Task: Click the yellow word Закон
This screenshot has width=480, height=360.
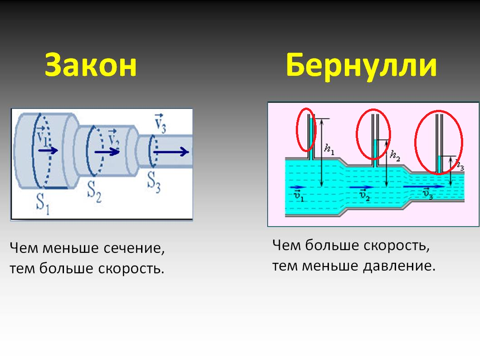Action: (x=91, y=65)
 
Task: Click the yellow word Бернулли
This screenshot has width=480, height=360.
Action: (x=362, y=66)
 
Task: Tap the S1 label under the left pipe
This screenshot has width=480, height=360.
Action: (x=43, y=203)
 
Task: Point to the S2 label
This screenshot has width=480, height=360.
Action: (x=94, y=192)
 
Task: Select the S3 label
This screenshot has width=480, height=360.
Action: (x=154, y=182)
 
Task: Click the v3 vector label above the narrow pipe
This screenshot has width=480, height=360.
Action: (x=160, y=123)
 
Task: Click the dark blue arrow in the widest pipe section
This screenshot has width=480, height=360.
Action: (x=48, y=150)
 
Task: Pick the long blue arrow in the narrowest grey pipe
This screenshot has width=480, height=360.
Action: (x=171, y=152)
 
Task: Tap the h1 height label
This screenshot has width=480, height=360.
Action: (x=329, y=149)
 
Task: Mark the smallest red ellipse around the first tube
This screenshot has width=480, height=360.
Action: (x=306, y=129)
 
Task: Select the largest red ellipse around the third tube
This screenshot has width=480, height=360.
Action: (x=439, y=143)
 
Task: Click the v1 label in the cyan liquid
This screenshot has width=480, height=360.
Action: (x=299, y=196)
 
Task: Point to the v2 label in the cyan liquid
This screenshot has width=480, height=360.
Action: (x=364, y=195)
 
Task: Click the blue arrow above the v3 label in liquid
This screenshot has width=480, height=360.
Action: (x=424, y=186)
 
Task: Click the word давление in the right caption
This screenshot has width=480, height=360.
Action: (x=399, y=266)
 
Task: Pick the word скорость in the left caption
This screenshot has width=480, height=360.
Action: (x=131, y=269)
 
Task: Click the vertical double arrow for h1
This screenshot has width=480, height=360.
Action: (x=321, y=153)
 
